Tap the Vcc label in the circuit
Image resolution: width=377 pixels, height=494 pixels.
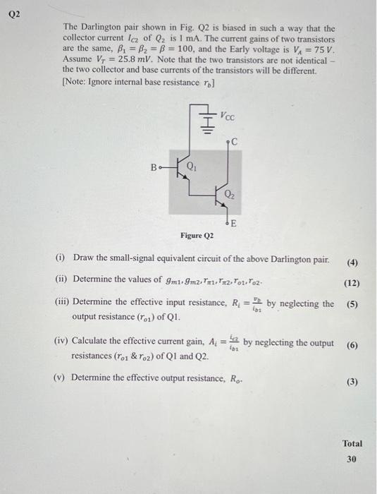coord(227,114)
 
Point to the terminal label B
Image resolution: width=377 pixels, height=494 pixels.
coord(154,168)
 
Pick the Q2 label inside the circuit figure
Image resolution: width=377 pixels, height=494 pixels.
coord(230,193)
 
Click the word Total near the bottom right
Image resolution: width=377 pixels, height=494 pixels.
coord(352,443)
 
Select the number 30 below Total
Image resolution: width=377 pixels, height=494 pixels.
coord(352,459)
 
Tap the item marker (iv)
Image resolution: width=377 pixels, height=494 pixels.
coord(61,342)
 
